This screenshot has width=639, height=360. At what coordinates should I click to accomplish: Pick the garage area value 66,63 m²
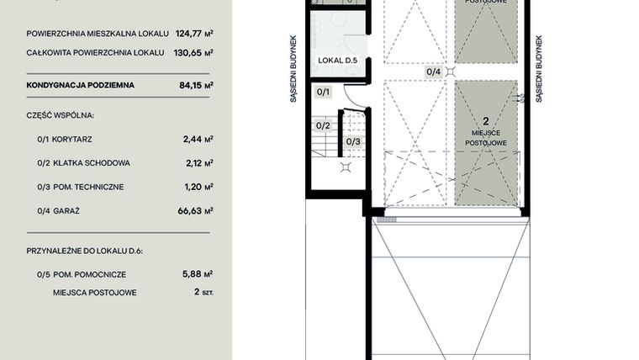[197, 210]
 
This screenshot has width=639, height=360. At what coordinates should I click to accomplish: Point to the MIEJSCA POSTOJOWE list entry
[94, 293]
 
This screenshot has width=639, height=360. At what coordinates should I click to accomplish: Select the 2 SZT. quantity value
[200, 293]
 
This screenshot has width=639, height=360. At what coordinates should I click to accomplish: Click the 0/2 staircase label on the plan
[323, 125]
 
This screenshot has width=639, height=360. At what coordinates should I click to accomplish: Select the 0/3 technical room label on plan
[353, 141]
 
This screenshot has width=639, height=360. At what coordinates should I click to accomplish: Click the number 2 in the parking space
[486, 121]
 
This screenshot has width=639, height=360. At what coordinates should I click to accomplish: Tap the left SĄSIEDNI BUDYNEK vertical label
[293, 68]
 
